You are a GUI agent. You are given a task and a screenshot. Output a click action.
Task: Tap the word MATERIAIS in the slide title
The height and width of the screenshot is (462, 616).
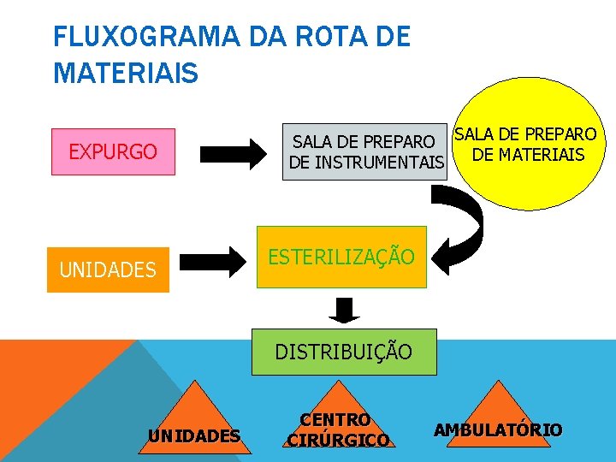click(126, 72)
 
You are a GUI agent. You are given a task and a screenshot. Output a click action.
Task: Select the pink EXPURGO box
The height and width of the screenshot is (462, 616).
click(113, 152)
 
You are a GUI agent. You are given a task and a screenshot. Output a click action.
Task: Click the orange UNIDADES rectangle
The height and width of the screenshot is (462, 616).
click(108, 269)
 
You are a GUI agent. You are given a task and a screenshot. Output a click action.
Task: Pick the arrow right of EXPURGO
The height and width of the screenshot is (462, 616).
click(234, 155)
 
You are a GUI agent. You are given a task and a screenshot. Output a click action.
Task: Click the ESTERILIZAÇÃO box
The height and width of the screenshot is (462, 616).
click(342, 257)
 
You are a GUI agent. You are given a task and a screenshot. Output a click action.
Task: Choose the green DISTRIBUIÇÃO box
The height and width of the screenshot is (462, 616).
click(343, 352)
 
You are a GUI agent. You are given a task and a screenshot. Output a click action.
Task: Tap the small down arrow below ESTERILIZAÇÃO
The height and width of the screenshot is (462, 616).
click(344, 310)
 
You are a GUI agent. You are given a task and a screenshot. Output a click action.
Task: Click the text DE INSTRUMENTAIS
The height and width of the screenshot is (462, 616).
click(367, 162)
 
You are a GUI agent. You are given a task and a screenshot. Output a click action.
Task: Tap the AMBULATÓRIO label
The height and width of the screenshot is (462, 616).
click(499, 429)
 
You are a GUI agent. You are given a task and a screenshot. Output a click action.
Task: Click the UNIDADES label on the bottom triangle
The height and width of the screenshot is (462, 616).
click(193, 436)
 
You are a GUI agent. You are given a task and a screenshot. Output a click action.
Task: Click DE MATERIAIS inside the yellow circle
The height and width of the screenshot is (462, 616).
click(529, 155)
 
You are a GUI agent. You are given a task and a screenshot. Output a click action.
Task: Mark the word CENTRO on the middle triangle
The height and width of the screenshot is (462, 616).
click(335, 420)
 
